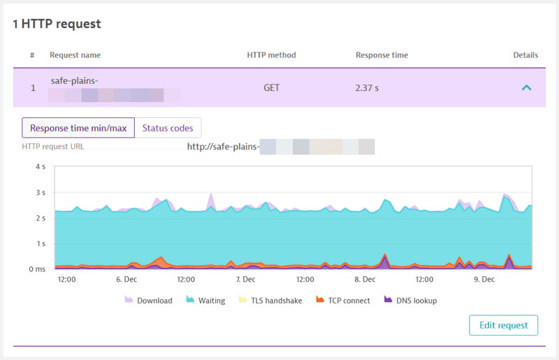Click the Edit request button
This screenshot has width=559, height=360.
click(503, 326)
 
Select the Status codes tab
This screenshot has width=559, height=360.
click(167, 128)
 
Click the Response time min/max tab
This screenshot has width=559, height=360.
click(78, 128)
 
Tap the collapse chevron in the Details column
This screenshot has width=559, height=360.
click(526, 88)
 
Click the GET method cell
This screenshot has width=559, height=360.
click(272, 88)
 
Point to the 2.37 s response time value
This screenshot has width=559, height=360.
click(369, 88)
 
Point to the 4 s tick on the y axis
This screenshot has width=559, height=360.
click(40, 167)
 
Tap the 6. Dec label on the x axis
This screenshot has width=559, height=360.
click(126, 279)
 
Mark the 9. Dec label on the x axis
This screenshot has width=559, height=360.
click(484, 279)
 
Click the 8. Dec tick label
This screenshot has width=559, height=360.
click(365, 279)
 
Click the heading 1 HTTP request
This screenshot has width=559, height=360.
click(57, 24)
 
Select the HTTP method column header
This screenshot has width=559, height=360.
click(272, 55)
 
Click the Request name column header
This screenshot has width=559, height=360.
click(75, 55)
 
